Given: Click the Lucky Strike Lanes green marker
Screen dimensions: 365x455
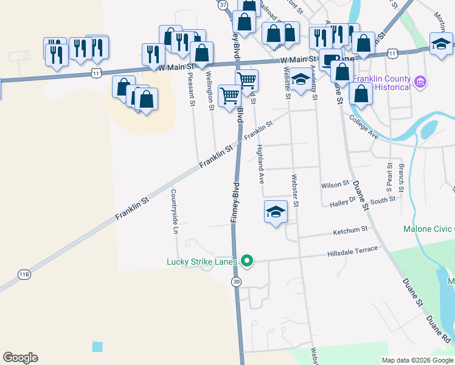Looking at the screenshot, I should click(x=247, y=262).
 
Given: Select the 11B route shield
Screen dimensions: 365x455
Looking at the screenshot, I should click(x=24, y=275).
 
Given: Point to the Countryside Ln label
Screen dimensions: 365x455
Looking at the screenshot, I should click(x=174, y=212).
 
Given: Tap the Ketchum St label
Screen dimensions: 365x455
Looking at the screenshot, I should click(x=350, y=231).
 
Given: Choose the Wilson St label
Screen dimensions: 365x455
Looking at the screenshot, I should click(x=335, y=183).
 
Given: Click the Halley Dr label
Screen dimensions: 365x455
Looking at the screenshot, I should click(x=342, y=205).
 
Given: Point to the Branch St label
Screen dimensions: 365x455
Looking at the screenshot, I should click(x=401, y=175).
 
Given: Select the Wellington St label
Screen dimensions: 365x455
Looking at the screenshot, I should click(x=210, y=91).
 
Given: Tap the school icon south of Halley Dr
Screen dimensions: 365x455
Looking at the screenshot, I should click(x=276, y=212).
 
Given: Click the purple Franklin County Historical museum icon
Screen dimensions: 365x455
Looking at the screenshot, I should click(x=419, y=82).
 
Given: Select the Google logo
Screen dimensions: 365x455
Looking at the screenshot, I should click(x=20, y=358).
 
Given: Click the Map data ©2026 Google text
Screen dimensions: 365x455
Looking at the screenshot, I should click(x=417, y=360).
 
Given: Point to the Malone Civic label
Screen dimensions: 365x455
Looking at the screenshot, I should click(x=428, y=229).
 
